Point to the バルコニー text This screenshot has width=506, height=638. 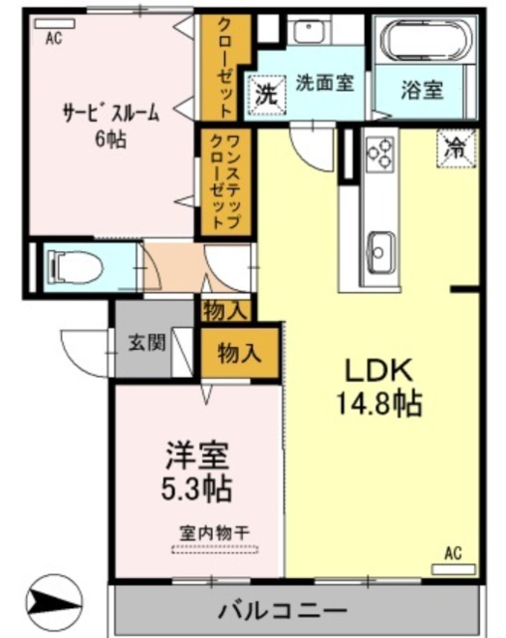(x=282, y=609)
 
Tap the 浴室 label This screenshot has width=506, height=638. (x=422, y=91)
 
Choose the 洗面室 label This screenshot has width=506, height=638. (x=324, y=85)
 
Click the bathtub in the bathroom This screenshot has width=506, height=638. (x=422, y=44)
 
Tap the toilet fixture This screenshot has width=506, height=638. (x=76, y=266)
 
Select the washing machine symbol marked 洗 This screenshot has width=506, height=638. (x=265, y=96)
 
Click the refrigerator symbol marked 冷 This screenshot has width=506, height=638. (x=454, y=150)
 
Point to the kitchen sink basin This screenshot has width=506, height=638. (x=379, y=244)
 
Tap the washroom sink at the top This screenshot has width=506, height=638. (x=312, y=32)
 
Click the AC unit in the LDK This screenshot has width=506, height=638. (x=452, y=568)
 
